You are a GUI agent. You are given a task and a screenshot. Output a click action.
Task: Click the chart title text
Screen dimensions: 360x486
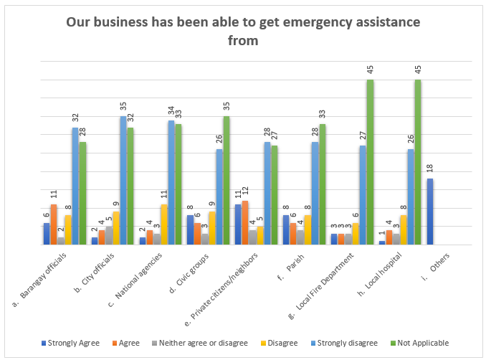click(243, 31)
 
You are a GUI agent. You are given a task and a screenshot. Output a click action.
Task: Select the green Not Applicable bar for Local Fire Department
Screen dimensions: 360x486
click(370, 162)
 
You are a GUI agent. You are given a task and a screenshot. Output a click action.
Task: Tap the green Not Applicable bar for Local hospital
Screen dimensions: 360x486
click(418, 162)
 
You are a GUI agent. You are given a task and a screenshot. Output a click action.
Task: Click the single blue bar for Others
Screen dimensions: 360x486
click(430, 212)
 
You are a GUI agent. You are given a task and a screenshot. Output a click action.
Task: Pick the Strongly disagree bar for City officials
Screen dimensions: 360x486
click(123, 180)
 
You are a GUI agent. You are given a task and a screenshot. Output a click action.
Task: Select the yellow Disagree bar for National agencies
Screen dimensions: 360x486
click(164, 224)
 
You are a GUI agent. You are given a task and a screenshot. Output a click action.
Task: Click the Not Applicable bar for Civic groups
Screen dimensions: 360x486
click(226, 180)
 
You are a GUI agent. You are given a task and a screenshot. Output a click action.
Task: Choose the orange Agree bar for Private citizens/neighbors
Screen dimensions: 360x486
click(246, 222)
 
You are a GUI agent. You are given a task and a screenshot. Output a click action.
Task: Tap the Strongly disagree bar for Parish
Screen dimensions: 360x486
click(315, 193)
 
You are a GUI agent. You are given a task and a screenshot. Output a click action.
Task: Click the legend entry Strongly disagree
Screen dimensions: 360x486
click(348, 343)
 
